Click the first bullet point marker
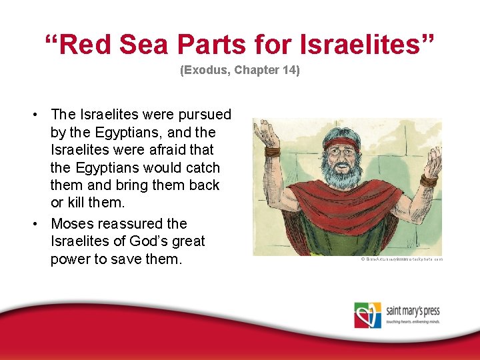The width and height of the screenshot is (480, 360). tap(33, 115)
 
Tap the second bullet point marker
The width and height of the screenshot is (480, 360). tap(33, 224)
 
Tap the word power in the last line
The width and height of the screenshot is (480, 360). tap(71, 259)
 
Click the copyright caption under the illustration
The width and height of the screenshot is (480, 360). tap(401, 259)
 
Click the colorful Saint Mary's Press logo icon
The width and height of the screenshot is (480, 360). tap(368, 315)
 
